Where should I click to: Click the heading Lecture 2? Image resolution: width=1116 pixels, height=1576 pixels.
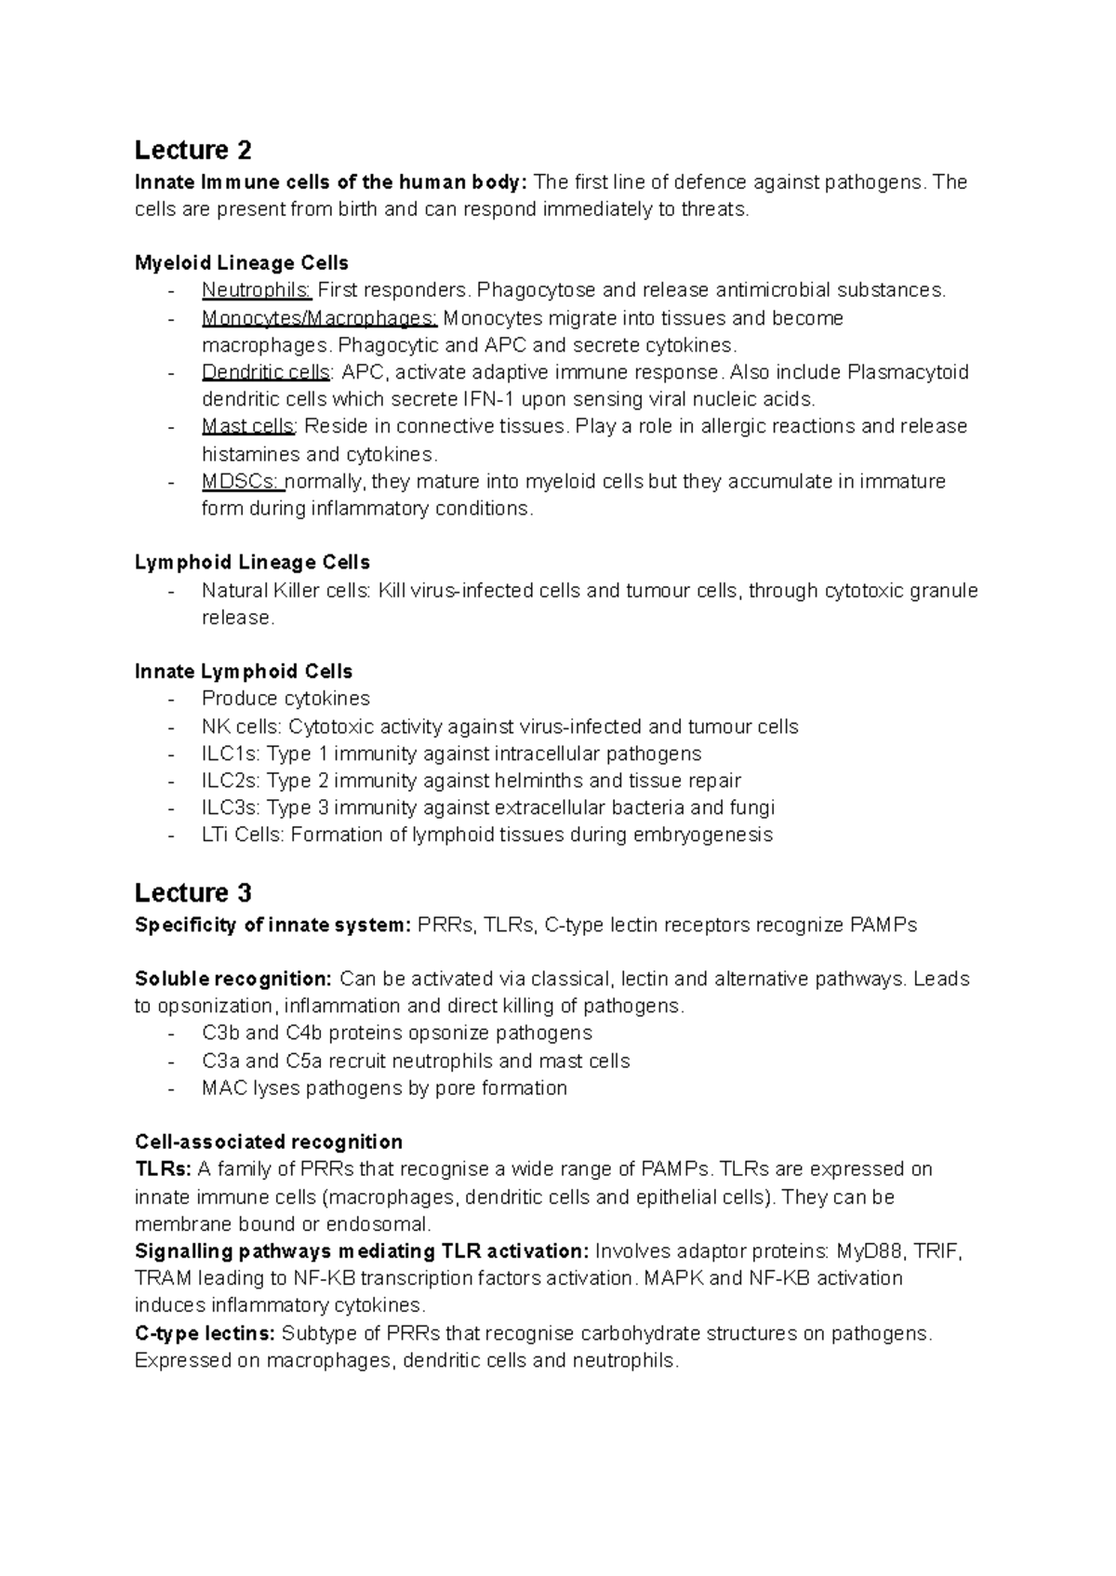click(x=193, y=150)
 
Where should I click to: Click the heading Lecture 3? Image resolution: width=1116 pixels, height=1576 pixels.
click(x=193, y=893)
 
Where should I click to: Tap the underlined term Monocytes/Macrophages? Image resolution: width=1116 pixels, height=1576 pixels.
click(x=319, y=318)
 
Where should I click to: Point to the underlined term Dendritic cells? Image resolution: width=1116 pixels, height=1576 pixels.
click(x=265, y=373)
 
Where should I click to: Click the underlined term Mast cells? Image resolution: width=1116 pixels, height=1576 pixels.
click(x=247, y=427)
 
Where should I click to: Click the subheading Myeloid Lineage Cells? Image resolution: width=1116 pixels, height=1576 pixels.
click(x=241, y=263)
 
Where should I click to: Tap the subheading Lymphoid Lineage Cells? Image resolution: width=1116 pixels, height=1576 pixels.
click(x=252, y=563)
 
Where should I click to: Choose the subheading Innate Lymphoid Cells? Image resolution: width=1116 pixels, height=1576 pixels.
click(x=244, y=672)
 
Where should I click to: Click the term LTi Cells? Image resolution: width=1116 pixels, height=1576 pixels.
click(x=243, y=835)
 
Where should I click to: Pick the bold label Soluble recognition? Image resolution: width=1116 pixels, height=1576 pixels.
click(x=232, y=980)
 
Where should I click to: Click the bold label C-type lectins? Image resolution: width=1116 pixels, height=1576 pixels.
click(x=205, y=1334)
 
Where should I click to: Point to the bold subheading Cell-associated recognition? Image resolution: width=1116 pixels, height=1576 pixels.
click(x=269, y=1142)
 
